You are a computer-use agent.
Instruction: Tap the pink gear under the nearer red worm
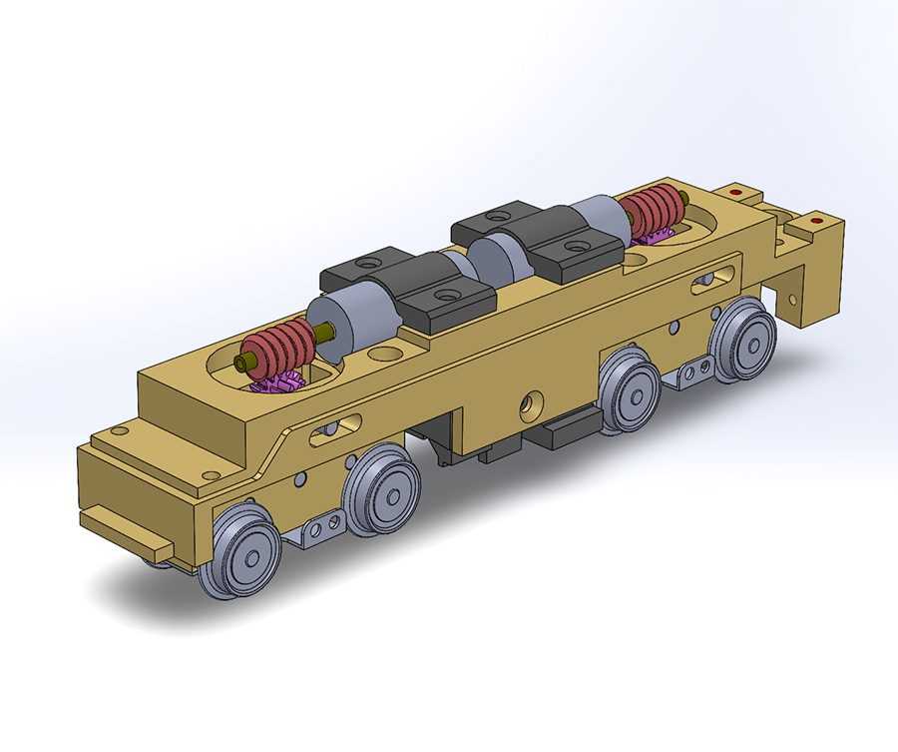point(275,383)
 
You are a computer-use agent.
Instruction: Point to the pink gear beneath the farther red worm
point(655,236)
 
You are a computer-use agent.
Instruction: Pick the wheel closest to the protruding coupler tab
point(239,552)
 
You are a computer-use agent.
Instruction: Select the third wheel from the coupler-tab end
point(630,389)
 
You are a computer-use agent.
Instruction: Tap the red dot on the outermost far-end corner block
point(817,219)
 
